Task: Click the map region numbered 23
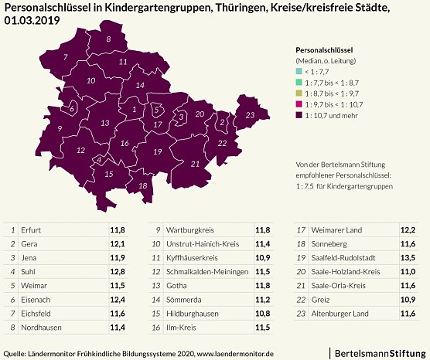click(249, 115)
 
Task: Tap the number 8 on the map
click(108, 39)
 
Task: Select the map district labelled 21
click(195, 164)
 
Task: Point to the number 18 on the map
click(142, 186)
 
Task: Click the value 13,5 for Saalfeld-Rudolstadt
click(408, 257)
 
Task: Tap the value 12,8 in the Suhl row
click(117, 271)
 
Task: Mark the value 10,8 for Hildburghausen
click(263, 314)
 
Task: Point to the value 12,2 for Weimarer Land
click(408, 230)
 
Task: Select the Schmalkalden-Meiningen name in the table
click(207, 271)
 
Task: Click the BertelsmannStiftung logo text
click(378, 352)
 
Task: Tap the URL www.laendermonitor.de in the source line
click(236, 354)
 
